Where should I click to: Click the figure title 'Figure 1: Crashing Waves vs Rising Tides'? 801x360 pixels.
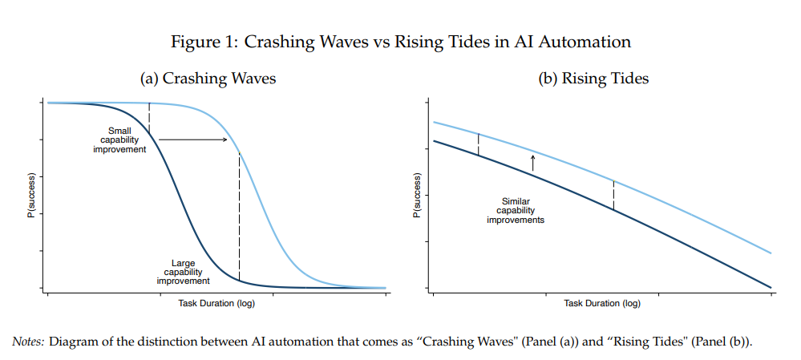pos(402,42)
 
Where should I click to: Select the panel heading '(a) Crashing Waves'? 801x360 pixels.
pos(208,79)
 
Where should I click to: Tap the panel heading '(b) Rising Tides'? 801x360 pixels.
pos(594,79)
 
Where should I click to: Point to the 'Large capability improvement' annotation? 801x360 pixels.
pos(183,272)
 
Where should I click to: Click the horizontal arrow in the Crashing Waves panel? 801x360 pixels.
pos(193,140)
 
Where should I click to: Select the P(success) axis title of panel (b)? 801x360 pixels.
pos(417,195)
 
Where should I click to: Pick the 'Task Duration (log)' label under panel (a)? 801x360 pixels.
pos(216,303)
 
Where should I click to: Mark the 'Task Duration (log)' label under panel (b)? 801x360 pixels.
pos(602,303)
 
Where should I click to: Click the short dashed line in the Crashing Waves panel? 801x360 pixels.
pos(150,118)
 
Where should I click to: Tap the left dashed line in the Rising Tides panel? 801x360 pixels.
pos(478,144)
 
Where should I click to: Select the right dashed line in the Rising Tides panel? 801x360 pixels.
pos(613,195)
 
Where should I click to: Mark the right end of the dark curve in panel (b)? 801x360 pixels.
pos(771,287)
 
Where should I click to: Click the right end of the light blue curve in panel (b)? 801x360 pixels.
pos(771,253)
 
